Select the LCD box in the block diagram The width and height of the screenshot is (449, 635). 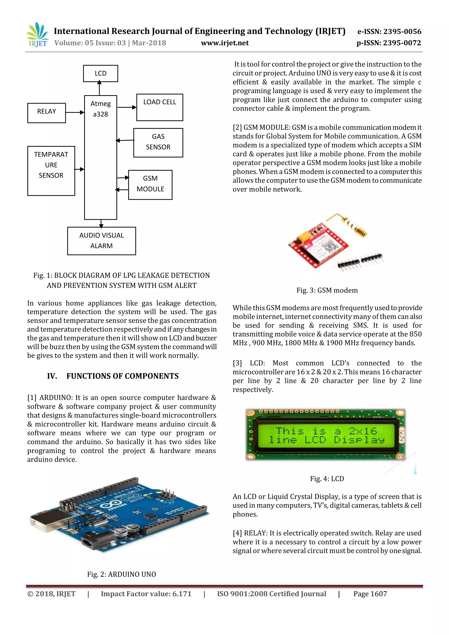click(101, 73)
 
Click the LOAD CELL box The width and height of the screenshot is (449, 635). click(160, 107)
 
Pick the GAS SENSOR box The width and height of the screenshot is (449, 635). click(158, 143)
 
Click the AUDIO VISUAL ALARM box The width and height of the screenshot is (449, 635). click(102, 241)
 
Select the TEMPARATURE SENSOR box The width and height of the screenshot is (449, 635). click(51, 171)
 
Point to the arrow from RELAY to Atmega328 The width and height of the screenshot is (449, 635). click(75, 112)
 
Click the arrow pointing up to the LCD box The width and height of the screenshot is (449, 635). click(100, 88)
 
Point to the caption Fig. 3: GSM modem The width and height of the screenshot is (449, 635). click(327, 290)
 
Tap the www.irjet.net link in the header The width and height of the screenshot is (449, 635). click(225, 43)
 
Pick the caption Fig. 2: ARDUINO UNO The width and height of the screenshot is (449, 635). click(122, 574)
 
